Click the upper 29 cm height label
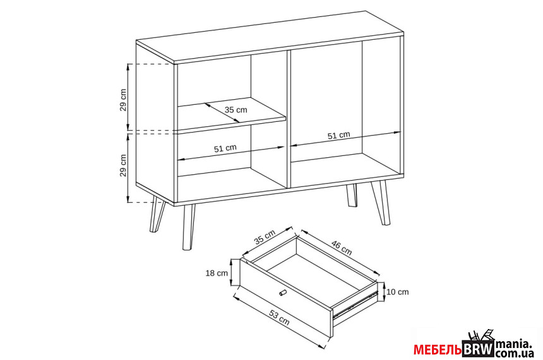click(x=123, y=100)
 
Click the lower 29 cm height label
click(x=123, y=165)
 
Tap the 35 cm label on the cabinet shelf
click(x=236, y=110)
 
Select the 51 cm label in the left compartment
click(x=225, y=148)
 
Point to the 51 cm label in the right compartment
click(x=338, y=135)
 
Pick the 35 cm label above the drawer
click(x=265, y=237)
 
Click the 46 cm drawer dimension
click(x=342, y=248)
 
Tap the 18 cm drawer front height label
click(x=217, y=273)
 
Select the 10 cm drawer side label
click(x=398, y=292)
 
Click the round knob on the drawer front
click(x=283, y=293)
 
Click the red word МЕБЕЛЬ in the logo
click(x=438, y=350)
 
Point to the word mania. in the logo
click(x=513, y=344)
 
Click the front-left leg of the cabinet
click(x=188, y=227)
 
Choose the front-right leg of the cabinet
click(x=381, y=203)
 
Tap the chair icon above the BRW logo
click(x=480, y=335)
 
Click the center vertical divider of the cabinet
click(x=289, y=120)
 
